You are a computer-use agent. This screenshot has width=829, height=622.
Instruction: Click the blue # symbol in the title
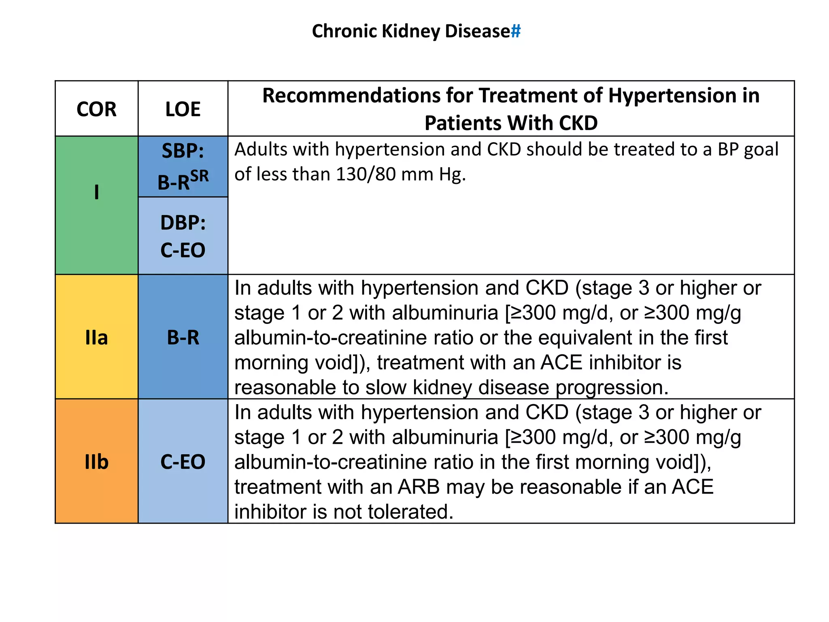(515, 31)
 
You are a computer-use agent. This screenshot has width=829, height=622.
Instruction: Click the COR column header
(96, 109)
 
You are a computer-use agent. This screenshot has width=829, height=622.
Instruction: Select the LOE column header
(183, 109)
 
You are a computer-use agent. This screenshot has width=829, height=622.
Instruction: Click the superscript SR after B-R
(200, 176)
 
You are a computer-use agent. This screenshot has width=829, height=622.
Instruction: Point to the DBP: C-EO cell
(183, 236)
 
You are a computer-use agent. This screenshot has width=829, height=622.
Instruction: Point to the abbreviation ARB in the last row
(419, 487)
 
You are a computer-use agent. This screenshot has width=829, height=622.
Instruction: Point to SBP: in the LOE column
(183, 151)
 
